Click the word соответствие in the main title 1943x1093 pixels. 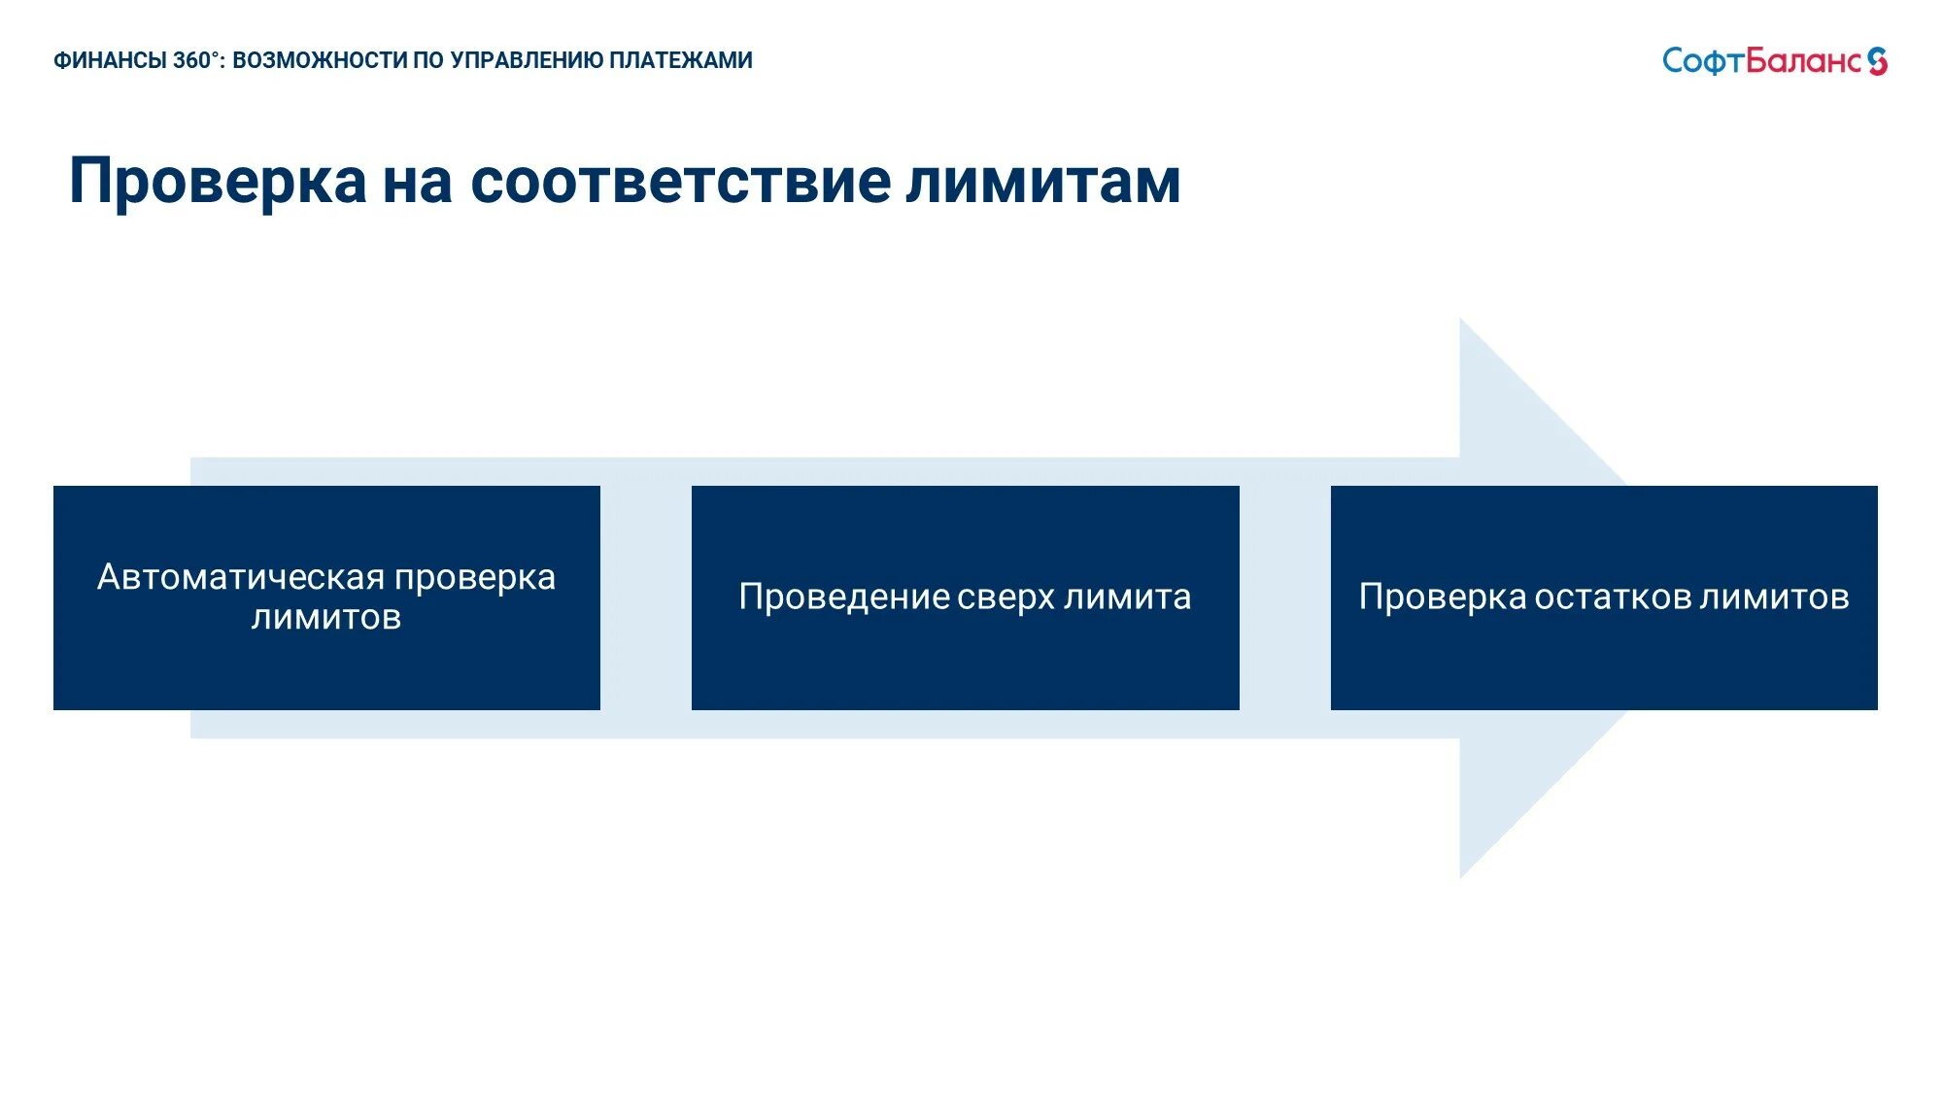[680, 182]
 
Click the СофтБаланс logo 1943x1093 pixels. [1773, 61]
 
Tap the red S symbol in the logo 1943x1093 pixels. [1877, 61]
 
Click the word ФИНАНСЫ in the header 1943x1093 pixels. [110, 60]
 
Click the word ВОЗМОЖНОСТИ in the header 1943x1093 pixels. [320, 60]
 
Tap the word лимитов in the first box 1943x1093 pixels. [326, 617]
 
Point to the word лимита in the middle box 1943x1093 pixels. [1127, 597]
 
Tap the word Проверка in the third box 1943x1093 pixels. [1442, 597]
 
